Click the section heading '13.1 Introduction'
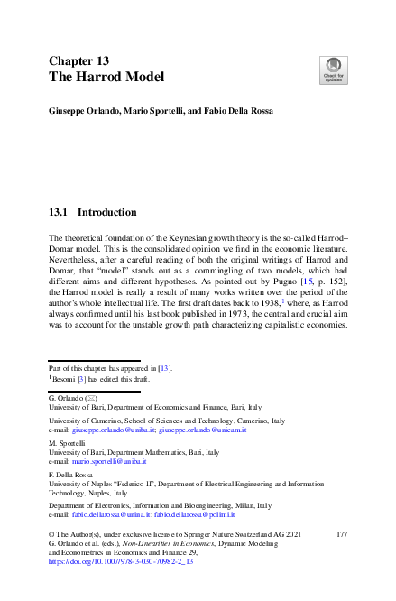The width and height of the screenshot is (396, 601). pos(92,213)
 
